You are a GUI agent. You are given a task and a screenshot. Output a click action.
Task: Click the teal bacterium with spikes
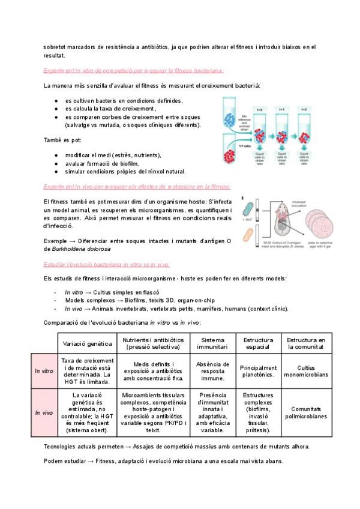tap(248, 208)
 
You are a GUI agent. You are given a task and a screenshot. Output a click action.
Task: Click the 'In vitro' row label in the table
tap(44, 370)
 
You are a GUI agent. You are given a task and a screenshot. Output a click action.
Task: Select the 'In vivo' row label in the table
tap(44, 412)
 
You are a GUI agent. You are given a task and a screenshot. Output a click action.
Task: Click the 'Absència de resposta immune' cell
tap(214, 370)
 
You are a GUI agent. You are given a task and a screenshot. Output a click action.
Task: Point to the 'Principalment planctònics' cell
tap(258, 370)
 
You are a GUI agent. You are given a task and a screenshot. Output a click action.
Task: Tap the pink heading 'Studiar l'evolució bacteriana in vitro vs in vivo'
tap(106, 264)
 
